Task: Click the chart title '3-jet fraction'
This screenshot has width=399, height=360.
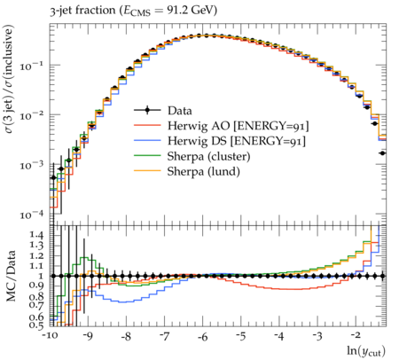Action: coord(82,11)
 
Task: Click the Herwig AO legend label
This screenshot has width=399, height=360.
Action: coord(239,126)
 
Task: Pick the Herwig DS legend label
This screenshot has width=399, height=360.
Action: coord(237,141)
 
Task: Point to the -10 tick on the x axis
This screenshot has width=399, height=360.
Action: coord(50,336)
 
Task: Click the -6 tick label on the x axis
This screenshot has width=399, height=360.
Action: coord(202,336)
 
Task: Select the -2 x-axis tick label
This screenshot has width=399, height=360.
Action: coord(356,336)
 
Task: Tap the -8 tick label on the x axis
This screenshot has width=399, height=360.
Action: coord(126,336)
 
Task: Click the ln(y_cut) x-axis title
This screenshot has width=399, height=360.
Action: coord(366,351)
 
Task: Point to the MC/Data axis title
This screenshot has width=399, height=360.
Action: coord(11,276)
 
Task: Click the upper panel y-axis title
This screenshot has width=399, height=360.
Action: coord(9,79)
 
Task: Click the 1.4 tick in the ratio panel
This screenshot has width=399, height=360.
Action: coord(36,236)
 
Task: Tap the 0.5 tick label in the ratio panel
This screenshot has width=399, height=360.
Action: coord(36,325)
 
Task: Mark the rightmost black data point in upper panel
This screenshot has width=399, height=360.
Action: coord(382,153)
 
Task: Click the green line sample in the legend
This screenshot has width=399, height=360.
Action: coord(147,156)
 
